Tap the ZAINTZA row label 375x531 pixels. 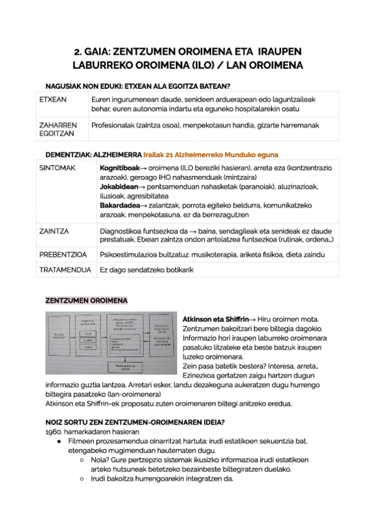coord(54,230)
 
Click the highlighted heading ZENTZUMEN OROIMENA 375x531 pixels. coord(86,301)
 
